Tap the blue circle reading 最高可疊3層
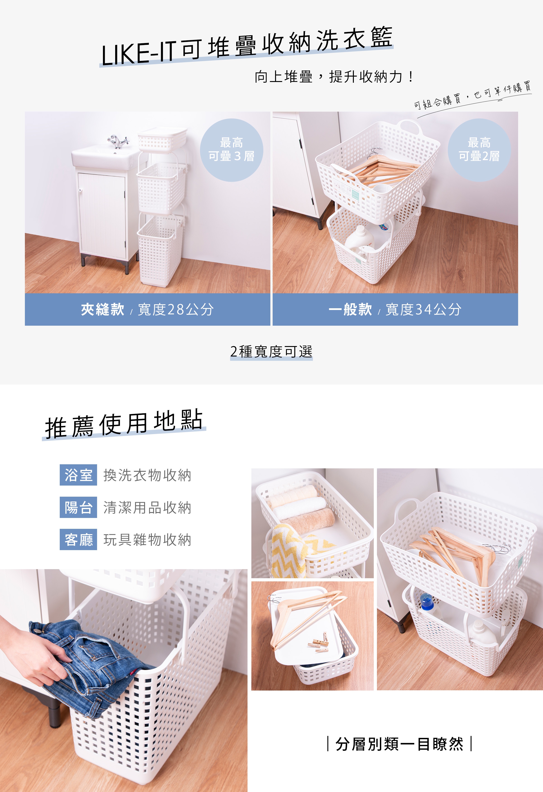pyautogui.click(x=231, y=150)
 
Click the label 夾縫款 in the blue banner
pyautogui.click(x=102, y=309)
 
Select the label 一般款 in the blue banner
pyautogui.click(x=350, y=309)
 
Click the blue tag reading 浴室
pyautogui.click(x=78, y=475)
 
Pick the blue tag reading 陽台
pyautogui.click(x=78, y=507)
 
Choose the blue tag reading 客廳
pyautogui.click(x=78, y=539)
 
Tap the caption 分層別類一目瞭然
pyautogui.click(x=399, y=744)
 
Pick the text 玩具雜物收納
pyautogui.click(x=148, y=540)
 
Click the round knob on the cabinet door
pyautogui.click(x=80, y=190)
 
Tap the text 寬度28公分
pyautogui.click(x=176, y=309)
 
